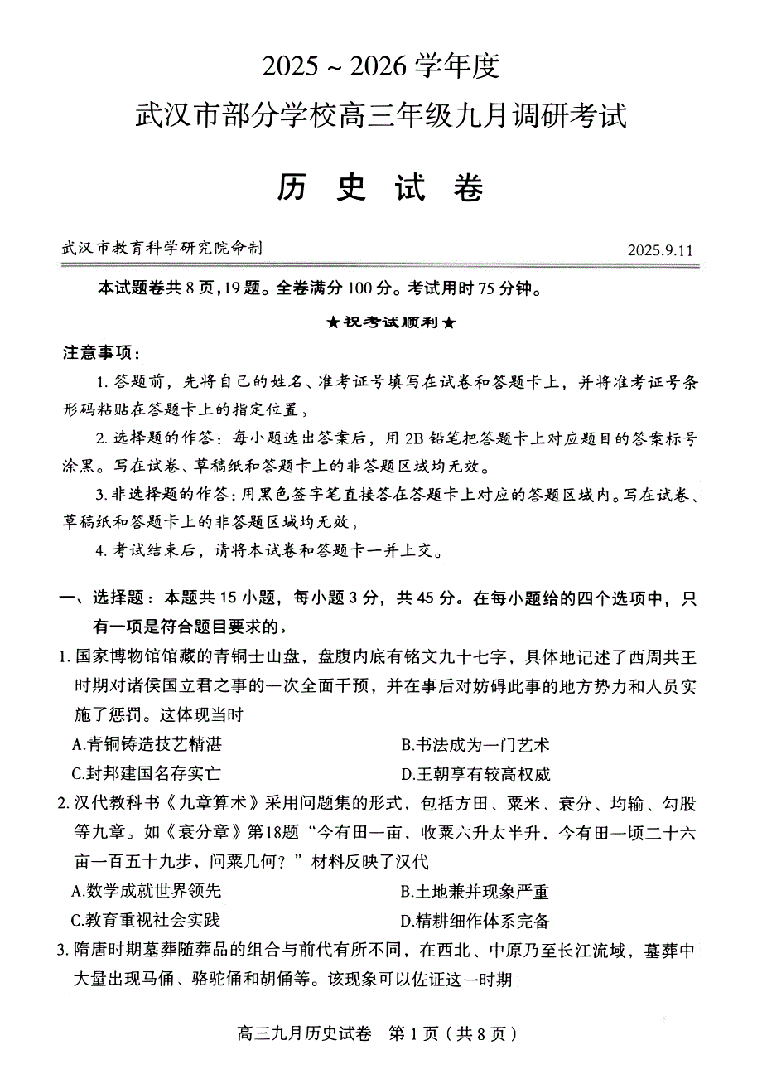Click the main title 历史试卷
[380, 188]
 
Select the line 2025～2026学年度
[380, 66]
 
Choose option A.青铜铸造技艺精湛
[147, 744]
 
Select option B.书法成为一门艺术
[475, 744]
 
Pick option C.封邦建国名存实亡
[147, 774]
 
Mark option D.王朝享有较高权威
[475, 774]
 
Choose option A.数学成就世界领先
[147, 891]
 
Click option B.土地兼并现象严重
[475, 891]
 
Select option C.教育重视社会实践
[147, 920]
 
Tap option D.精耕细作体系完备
[475, 920]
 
